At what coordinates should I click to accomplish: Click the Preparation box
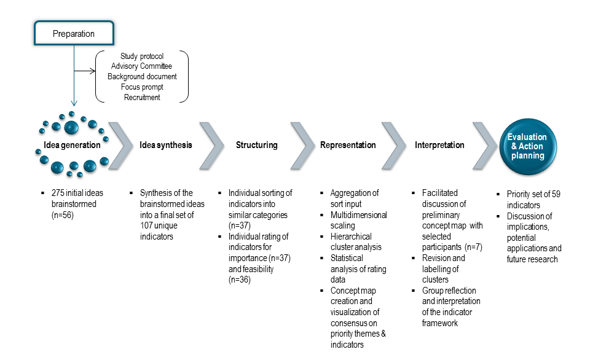(x=73, y=33)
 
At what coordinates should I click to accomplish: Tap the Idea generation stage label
(x=72, y=146)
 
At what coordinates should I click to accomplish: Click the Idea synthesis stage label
(x=166, y=146)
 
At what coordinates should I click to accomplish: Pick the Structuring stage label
(x=257, y=146)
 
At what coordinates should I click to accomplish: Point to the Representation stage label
(x=348, y=146)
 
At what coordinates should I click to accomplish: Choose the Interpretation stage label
(x=439, y=146)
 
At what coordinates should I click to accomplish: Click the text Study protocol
(x=142, y=57)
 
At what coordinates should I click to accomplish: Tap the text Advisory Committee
(x=142, y=66)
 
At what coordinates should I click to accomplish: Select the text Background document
(x=142, y=77)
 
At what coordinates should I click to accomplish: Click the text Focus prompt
(x=142, y=87)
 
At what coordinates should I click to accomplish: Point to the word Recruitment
(x=142, y=97)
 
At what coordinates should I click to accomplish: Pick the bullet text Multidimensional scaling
(x=358, y=220)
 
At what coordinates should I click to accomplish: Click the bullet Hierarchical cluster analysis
(x=355, y=241)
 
